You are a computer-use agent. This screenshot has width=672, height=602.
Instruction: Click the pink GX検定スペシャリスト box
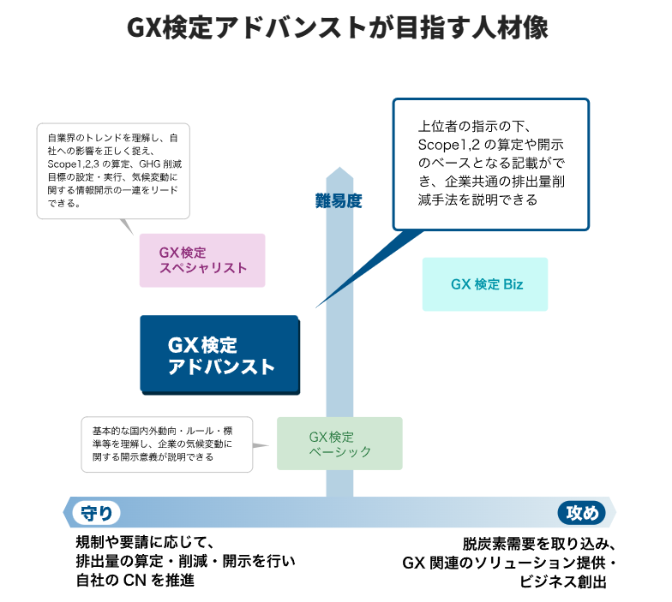(202, 260)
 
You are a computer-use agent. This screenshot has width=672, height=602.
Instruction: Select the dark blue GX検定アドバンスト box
(219, 355)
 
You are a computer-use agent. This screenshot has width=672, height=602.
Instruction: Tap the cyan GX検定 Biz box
(485, 284)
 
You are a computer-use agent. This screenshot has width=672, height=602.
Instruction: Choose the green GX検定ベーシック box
(339, 444)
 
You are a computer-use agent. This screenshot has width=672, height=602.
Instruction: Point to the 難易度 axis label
(339, 201)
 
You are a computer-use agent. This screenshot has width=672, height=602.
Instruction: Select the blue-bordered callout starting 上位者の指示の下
(490, 164)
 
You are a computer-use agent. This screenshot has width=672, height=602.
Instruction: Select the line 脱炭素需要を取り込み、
(539, 544)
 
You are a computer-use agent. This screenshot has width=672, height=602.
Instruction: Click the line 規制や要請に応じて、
(143, 542)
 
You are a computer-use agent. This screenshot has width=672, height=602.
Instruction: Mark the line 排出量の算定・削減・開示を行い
(185, 562)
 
